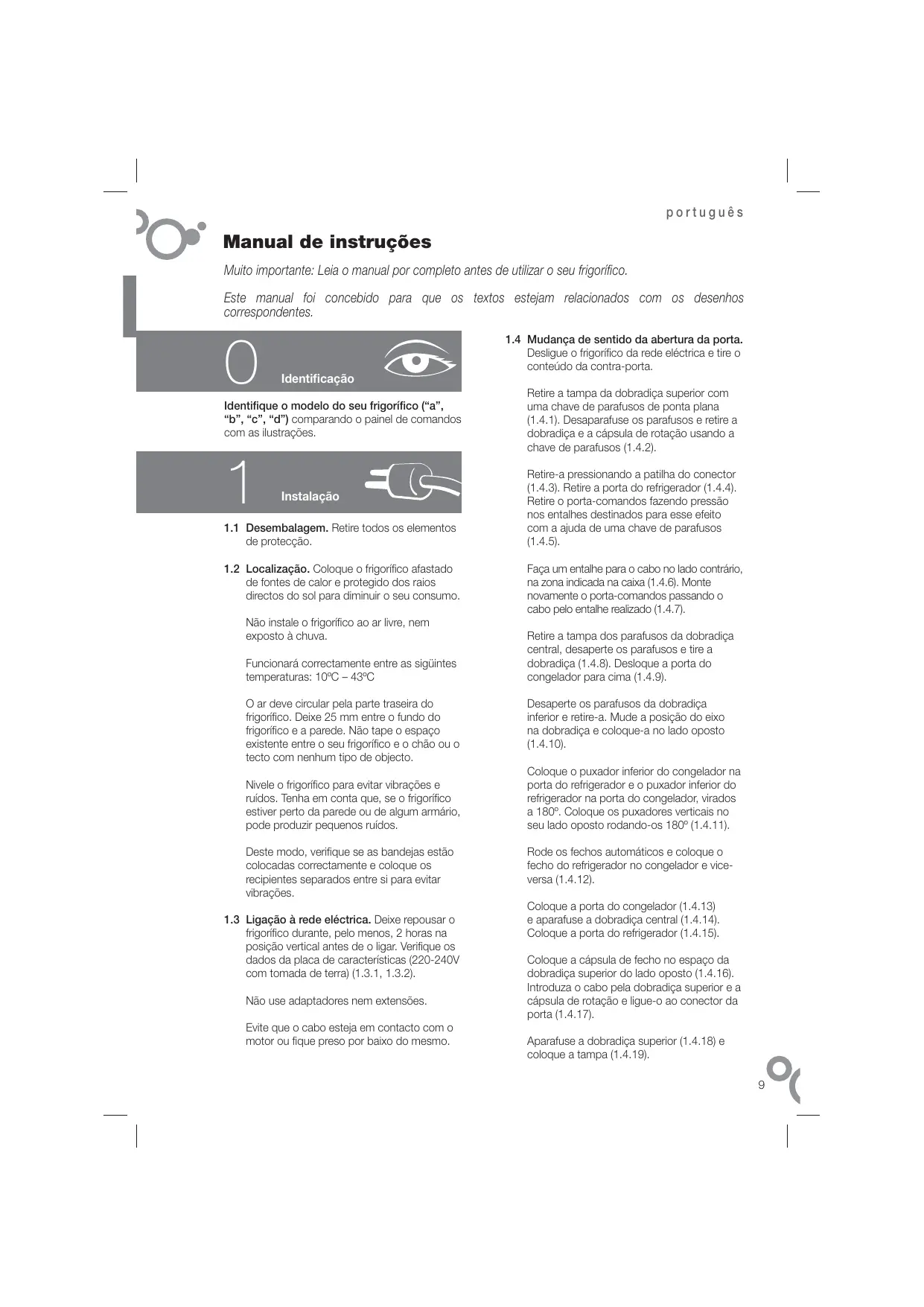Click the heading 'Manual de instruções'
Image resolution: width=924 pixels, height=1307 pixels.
pyautogui.click(x=327, y=242)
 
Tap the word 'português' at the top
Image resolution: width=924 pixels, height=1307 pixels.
pyautogui.click(x=704, y=212)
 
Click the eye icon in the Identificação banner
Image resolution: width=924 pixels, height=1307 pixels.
pyautogui.click(x=419, y=360)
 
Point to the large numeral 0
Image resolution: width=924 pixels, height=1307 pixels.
pyautogui.click(x=240, y=363)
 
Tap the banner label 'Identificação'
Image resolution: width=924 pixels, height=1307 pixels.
pyautogui.click(x=317, y=379)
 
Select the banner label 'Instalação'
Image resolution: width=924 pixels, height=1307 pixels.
pyautogui.click(x=310, y=497)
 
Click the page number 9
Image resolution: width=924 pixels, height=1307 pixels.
pyautogui.click(x=761, y=1085)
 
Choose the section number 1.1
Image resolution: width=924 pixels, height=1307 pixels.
pyautogui.click(x=232, y=528)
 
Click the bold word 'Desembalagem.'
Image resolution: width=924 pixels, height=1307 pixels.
pyautogui.click(x=287, y=528)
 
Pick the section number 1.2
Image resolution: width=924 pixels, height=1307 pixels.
pyautogui.click(x=232, y=569)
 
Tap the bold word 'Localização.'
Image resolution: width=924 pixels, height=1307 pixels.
pyautogui.click(x=278, y=569)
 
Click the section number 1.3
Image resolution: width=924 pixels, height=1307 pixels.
pyautogui.click(x=232, y=920)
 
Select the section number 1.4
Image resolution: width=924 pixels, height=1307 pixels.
pyautogui.click(x=512, y=340)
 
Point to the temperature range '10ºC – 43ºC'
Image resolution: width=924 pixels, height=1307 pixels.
pyautogui.click(x=345, y=677)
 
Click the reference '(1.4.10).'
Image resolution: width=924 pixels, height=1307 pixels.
pyautogui.click(x=547, y=744)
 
